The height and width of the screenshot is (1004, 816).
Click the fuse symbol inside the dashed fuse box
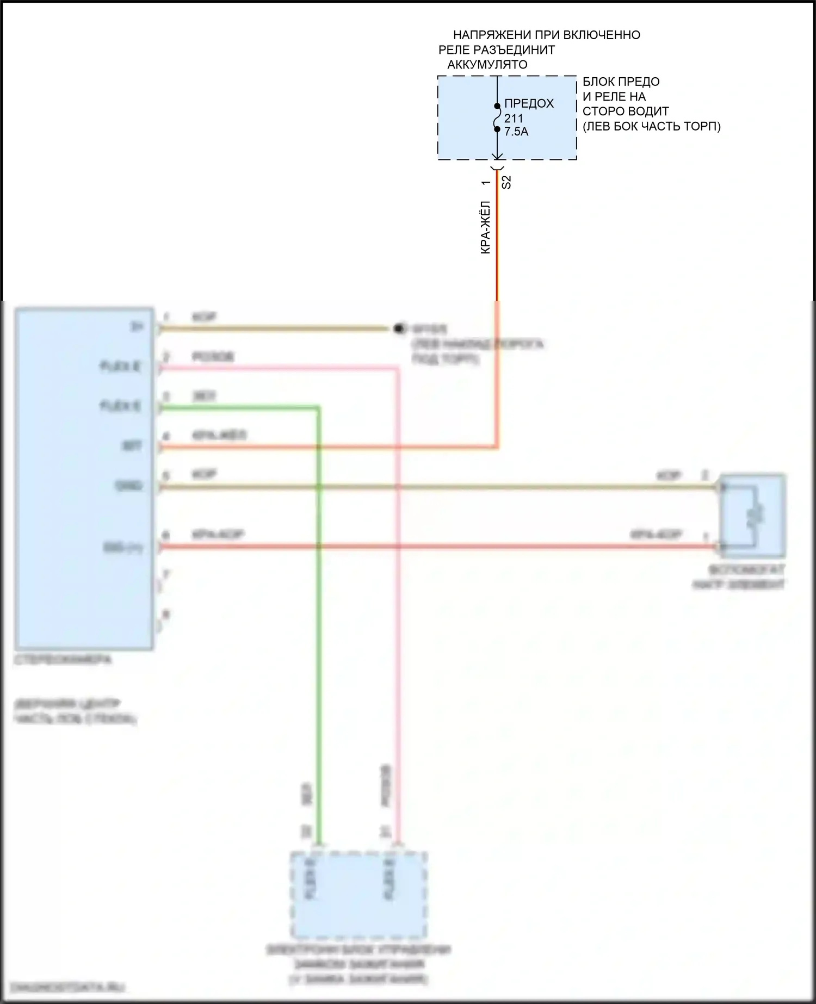click(497, 117)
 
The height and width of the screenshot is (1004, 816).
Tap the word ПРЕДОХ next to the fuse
click(529, 103)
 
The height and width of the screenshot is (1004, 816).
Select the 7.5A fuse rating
click(516, 132)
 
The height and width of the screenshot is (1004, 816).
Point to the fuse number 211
click(514, 118)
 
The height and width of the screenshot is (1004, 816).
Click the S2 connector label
click(506, 182)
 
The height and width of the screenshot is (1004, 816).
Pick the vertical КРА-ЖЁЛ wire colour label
click(486, 227)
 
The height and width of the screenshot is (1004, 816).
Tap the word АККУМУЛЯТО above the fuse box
click(487, 64)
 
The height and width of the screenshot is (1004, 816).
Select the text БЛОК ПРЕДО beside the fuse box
click(621, 82)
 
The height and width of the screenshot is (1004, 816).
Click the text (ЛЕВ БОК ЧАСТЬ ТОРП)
click(651, 126)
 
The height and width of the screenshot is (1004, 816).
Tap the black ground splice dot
click(399, 329)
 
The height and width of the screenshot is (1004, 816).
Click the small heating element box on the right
click(752, 516)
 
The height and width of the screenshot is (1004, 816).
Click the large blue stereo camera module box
click(84, 479)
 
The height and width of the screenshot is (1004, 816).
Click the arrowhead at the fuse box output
click(497, 156)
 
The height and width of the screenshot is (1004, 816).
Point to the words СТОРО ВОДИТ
click(626, 111)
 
